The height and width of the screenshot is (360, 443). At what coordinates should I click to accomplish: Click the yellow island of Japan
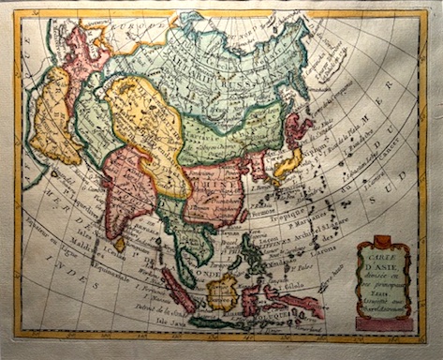(x=285, y=165)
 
